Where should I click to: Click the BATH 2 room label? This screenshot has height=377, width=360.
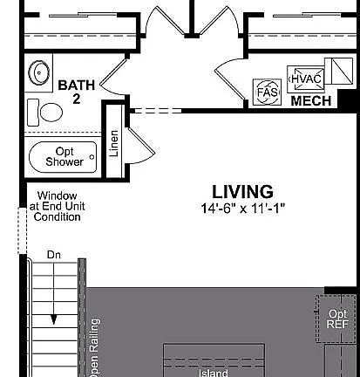[77, 92]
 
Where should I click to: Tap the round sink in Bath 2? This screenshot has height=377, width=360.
[38, 72]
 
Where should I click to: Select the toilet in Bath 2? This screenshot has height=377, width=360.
[44, 113]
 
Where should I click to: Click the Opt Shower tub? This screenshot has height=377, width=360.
[63, 157]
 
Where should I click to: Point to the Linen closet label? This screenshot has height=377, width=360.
[114, 143]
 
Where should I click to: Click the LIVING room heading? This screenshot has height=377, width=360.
[242, 192]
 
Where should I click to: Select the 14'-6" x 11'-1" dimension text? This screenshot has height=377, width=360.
[243, 209]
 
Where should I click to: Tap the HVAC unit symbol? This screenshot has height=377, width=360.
[306, 79]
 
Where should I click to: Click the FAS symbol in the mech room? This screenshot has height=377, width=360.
[268, 93]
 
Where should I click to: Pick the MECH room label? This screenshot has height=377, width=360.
[311, 101]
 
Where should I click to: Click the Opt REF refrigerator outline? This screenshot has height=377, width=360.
[336, 319]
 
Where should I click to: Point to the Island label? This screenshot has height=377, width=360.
[214, 373]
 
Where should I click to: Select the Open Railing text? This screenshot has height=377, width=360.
[95, 348]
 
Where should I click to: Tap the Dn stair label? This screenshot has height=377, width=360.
[54, 255]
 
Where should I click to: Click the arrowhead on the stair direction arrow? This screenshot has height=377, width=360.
[54, 319]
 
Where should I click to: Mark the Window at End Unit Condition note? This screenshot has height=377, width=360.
[58, 206]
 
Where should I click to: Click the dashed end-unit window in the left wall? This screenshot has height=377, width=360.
[23, 231]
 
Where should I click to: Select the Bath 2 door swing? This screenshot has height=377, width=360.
[113, 77]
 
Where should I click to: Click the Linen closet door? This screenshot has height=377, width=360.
[141, 146]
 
